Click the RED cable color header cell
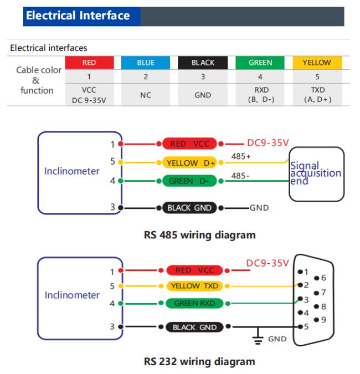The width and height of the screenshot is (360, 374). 89,63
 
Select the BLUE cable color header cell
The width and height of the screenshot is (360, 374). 146,63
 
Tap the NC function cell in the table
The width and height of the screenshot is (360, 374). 146,95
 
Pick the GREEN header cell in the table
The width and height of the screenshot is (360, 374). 260,63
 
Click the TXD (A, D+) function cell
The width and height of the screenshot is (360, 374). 317,95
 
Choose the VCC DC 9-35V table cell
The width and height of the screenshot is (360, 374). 89,95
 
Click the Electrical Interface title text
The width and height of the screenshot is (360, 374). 78,16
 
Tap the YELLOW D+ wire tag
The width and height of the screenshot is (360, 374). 189,163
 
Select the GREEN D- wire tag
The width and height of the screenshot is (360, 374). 189,181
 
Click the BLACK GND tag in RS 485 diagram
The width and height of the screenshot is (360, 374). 189,208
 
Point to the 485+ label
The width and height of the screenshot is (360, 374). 241,156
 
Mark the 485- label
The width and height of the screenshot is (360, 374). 240,176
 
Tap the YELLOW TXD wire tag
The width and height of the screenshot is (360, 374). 194,286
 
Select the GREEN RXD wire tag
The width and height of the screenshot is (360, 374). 194,304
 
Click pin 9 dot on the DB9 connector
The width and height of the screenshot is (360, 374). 316,320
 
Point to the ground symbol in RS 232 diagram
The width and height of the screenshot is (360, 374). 258,336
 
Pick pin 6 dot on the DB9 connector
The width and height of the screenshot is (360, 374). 317,278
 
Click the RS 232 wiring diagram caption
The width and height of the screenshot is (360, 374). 199,362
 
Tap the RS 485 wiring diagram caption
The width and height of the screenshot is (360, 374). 200,235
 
